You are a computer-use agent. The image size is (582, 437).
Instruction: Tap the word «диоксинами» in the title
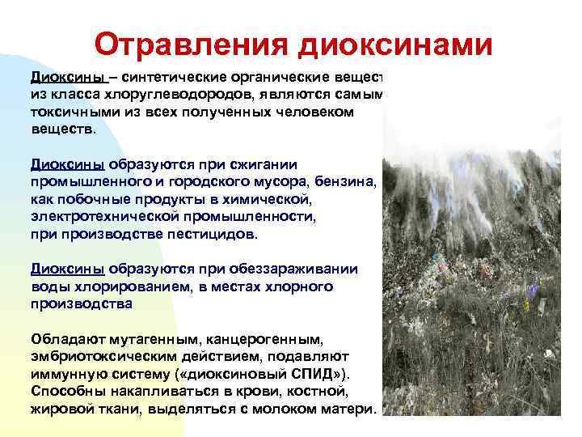click(395, 45)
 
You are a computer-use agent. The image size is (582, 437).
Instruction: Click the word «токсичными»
click(69, 112)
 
